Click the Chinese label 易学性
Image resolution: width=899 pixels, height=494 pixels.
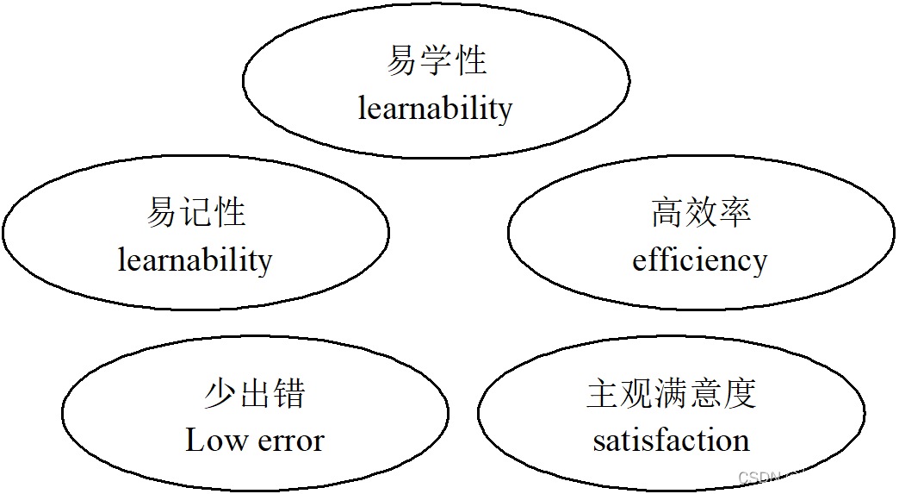[436, 61]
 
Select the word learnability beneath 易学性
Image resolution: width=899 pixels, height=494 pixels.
[435, 109]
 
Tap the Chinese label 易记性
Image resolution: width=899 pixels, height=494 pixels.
[195, 212]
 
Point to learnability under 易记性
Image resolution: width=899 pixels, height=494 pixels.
[195, 260]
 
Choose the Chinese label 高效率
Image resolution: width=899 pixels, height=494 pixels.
[700, 212]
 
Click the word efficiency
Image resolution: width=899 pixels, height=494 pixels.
[699, 260]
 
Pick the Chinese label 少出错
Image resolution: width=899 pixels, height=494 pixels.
[255, 393]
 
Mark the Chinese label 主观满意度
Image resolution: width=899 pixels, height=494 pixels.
[671, 393]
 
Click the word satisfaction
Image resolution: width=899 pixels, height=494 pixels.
[671, 441]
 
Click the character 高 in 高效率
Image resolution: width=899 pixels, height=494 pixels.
[666, 212]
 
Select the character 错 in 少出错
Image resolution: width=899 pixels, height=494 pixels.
[289, 393]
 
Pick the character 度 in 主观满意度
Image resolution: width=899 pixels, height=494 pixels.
[740, 393]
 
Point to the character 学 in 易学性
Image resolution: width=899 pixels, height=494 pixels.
[436, 61]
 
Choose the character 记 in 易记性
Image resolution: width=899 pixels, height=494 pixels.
[195, 212]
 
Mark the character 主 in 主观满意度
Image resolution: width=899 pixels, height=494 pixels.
[603, 393]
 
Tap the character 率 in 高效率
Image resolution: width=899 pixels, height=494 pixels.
[735, 212]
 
